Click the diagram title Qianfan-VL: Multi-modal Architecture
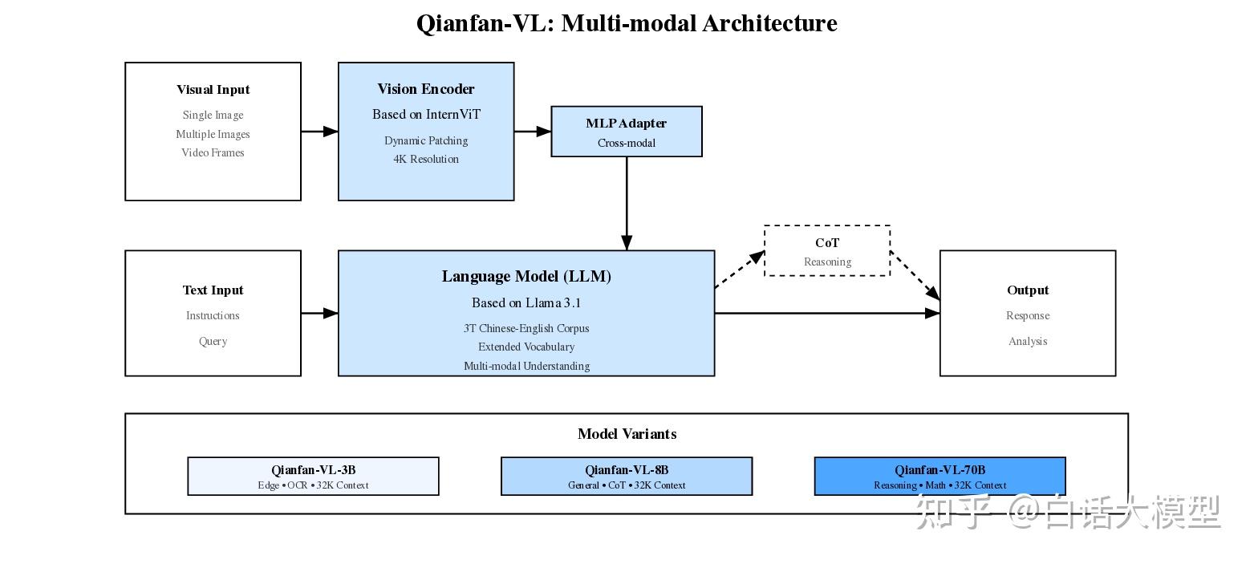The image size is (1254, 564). click(627, 23)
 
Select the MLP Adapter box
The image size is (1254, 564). click(626, 132)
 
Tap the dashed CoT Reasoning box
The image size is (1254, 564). click(826, 251)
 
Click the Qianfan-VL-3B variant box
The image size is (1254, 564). click(313, 477)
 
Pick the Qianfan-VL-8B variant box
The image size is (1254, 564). click(626, 477)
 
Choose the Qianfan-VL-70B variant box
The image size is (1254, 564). click(939, 477)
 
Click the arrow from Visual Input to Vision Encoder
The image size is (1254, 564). click(319, 131)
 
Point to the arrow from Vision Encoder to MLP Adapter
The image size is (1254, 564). click(532, 131)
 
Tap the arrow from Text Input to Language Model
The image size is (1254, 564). click(319, 313)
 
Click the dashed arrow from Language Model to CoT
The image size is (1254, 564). click(739, 270)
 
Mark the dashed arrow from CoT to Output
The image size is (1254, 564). click(915, 277)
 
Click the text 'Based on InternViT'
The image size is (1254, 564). click(426, 115)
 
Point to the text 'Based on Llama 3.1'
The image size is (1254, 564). click(526, 303)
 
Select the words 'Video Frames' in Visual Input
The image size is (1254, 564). click(213, 152)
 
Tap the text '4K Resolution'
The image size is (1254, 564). click(426, 159)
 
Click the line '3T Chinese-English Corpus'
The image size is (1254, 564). click(526, 328)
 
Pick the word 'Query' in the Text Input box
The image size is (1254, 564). click(213, 341)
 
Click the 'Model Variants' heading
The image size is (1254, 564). click(627, 434)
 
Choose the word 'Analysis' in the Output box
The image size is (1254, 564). click(1028, 341)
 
